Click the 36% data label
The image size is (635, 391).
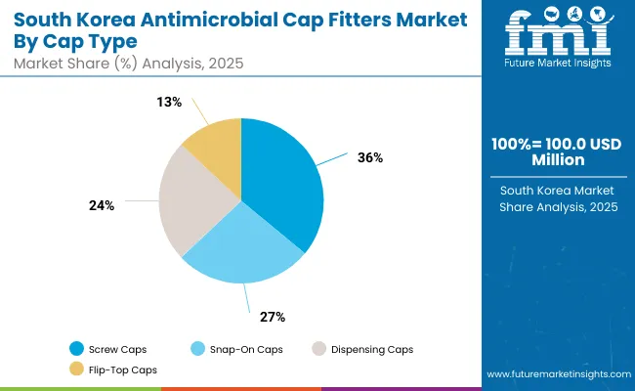pos(368,156)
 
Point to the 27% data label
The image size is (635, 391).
pos(272,316)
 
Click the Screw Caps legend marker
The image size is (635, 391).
pos(76,349)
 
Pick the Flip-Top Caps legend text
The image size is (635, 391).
pos(122,369)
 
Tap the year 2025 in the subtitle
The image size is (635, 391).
pos(223,63)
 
